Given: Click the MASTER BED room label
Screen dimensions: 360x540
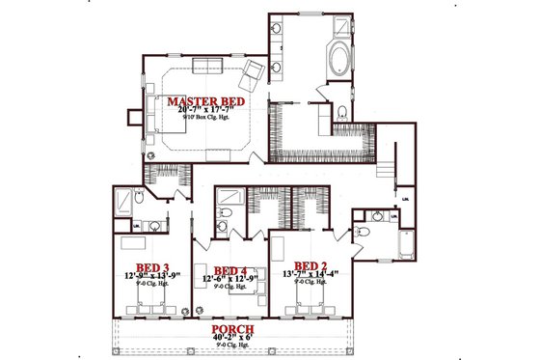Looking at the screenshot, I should pyautogui.click(x=206, y=100).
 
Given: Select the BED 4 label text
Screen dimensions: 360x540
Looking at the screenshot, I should pyautogui.click(x=230, y=270).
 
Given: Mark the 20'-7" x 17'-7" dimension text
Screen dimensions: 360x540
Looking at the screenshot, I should pyautogui.click(x=206, y=111).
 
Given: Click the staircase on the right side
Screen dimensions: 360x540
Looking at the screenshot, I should pyautogui.click(x=385, y=170).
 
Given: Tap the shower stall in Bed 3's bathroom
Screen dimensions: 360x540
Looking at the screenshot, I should pyautogui.click(x=124, y=202).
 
